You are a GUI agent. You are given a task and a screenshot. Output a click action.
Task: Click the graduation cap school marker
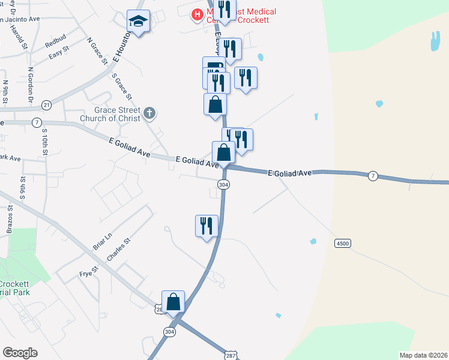pyautogui.click(x=139, y=22)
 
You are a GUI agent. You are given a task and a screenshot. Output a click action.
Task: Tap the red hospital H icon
pyautogui.click(x=196, y=14)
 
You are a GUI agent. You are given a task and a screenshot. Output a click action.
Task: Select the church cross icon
pyautogui.click(x=150, y=112)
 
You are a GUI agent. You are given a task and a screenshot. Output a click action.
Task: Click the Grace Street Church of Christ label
pyautogui.click(x=118, y=114)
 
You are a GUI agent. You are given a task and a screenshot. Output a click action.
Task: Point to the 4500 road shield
pyautogui.click(x=342, y=243)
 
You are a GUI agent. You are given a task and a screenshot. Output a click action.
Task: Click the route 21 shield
pyautogui.click(x=47, y=105)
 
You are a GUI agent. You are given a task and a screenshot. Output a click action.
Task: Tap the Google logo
pyautogui.click(x=20, y=353)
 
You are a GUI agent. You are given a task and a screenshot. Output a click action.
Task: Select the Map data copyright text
pyautogui.click(x=423, y=355)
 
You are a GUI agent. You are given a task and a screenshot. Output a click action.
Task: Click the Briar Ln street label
pyautogui.click(x=103, y=242)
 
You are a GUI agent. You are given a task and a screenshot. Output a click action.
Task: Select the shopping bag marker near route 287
pyautogui.click(x=173, y=302)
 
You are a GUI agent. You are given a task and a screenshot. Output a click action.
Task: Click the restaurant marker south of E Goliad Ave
pyautogui.click(x=206, y=226)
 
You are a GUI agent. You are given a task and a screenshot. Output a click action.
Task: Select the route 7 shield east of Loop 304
pyautogui.click(x=373, y=175)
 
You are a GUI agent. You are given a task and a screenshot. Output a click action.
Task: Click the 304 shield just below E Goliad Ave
pyautogui.click(x=223, y=184)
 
